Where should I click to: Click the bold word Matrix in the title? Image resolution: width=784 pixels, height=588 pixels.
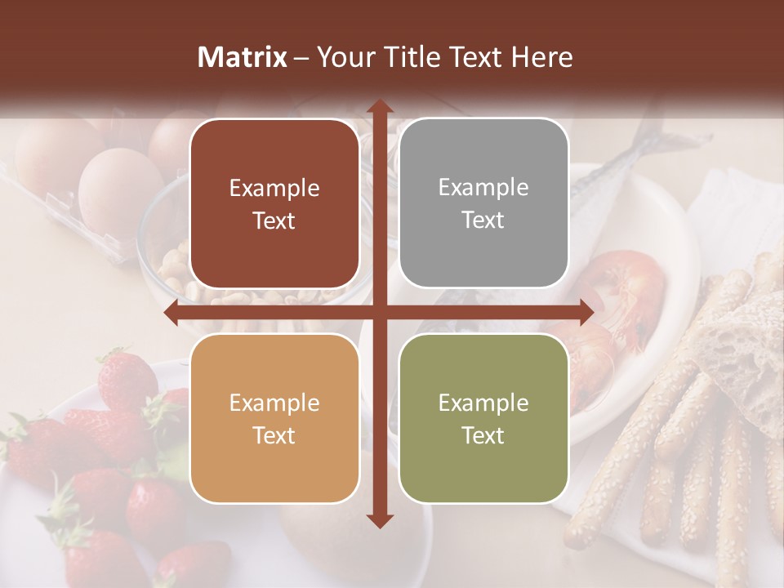tap(243, 57)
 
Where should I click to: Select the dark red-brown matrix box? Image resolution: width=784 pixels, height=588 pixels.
tap(274, 203)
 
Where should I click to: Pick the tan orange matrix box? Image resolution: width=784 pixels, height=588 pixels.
tap(274, 418)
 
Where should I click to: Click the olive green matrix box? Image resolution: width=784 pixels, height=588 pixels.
tap(483, 418)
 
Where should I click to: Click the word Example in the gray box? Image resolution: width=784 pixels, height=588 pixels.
tap(483, 187)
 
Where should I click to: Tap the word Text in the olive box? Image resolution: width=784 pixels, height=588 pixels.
tap(483, 435)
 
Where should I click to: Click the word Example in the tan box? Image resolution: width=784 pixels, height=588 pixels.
tap(274, 403)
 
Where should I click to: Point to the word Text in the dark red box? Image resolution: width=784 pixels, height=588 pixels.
tap(274, 220)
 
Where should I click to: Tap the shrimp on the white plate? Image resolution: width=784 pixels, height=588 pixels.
tap(625, 282)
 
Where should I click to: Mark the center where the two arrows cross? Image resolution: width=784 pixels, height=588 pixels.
tap(379, 312)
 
